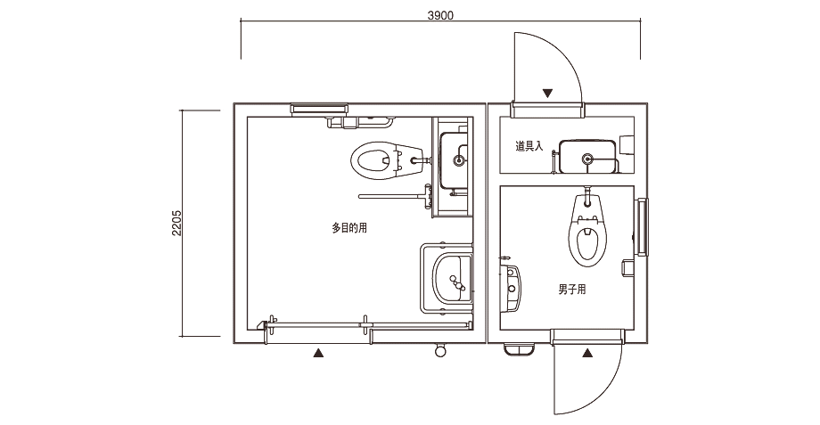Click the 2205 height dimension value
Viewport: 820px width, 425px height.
pyautogui.click(x=177, y=223)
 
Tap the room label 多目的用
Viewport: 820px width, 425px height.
pyautogui.click(x=349, y=228)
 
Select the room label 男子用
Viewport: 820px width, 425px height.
pyautogui.click(x=571, y=290)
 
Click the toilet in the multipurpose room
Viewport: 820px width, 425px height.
pyautogui.click(x=376, y=160)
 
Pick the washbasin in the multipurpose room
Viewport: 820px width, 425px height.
pyautogui.click(x=452, y=279)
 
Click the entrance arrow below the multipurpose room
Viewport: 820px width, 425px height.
pyautogui.click(x=317, y=354)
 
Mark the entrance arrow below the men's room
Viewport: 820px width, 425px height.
pyautogui.click(x=588, y=354)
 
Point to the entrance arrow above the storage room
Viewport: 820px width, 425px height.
pyautogui.click(x=548, y=93)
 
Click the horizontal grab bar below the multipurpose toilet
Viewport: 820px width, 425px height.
pyautogui.click(x=392, y=195)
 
